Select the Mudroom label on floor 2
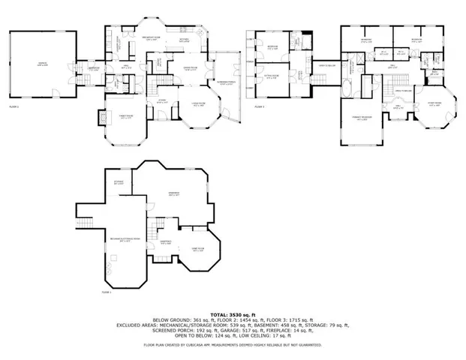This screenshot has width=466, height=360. [x=95, y=68]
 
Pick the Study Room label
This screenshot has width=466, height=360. [x=434, y=104]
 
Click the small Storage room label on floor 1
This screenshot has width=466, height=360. [x=119, y=181]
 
